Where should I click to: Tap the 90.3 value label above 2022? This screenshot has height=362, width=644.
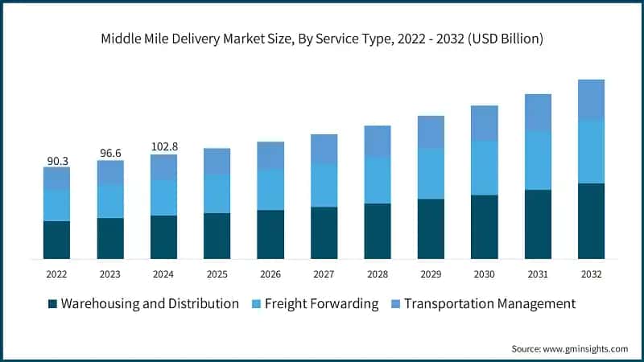(x=57, y=161)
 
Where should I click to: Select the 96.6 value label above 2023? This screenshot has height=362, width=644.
(x=110, y=153)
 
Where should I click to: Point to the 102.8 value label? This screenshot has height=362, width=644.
(x=164, y=147)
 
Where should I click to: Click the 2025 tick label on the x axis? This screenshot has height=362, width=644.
(x=217, y=274)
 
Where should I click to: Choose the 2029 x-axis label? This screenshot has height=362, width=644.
(x=431, y=274)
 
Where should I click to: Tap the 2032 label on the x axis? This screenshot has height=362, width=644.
(x=591, y=274)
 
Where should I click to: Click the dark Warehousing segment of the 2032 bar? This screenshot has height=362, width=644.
(x=591, y=221)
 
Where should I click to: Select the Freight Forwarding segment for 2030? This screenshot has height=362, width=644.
(x=484, y=168)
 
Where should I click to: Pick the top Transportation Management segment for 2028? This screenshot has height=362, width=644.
(x=377, y=142)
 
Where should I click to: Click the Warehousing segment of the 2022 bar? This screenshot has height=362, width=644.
(x=57, y=240)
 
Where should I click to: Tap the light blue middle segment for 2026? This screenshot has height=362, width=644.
(x=270, y=190)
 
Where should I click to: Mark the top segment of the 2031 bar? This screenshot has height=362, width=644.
(x=538, y=113)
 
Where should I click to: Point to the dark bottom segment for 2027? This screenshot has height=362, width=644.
(x=324, y=232)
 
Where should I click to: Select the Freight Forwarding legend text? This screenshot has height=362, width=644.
(x=320, y=304)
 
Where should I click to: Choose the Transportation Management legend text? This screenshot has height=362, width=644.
(x=489, y=304)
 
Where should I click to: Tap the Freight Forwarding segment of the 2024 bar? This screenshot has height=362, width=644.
(x=164, y=198)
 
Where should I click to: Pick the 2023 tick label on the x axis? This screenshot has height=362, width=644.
(x=110, y=274)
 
